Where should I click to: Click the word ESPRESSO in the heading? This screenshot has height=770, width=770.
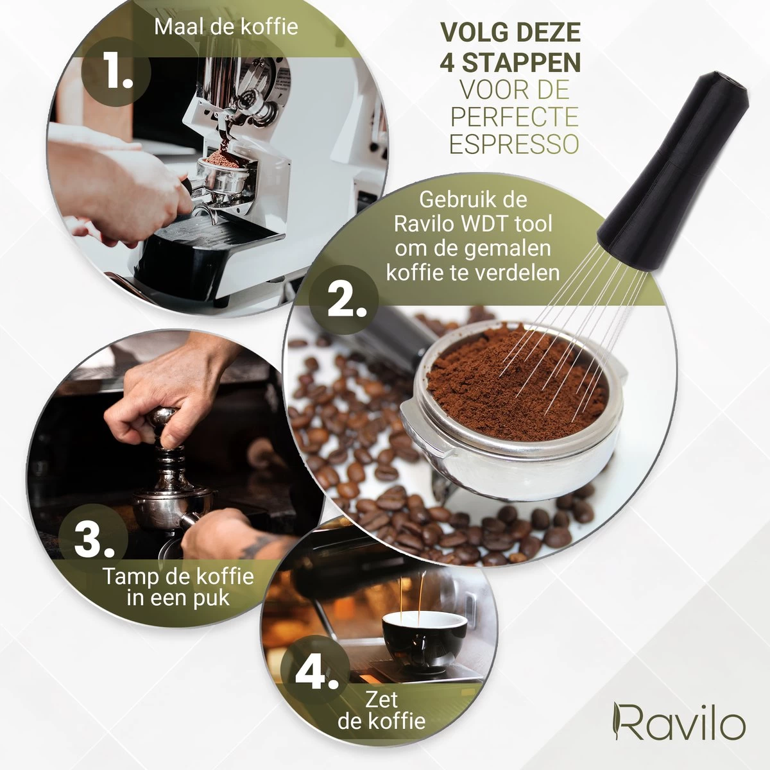514,144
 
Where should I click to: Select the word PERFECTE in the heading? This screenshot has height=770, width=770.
515,117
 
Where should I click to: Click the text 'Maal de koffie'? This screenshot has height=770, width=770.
226,27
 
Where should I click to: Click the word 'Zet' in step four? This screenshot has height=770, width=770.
382,699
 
